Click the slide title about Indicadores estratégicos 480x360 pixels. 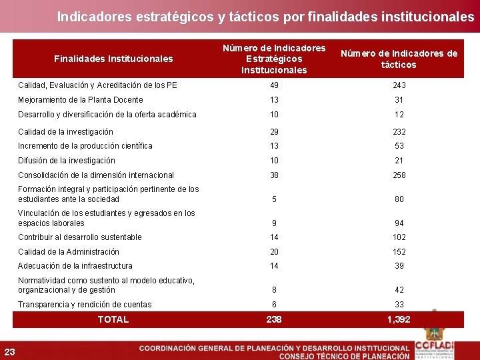(x=265, y=16)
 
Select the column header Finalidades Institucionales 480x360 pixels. (x=113, y=59)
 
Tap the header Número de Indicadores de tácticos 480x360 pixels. (x=399, y=59)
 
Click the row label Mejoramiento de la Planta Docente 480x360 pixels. (x=81, y=100)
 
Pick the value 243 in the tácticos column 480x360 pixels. (x=399, y=85)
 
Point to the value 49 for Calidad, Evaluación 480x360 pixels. (x=274, y=85)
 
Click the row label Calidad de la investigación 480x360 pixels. (x=65, y=132)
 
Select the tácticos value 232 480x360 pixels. (x=399, y=132)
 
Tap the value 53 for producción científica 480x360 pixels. (x=399, y=146)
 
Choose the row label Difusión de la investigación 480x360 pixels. (x=67, y=161)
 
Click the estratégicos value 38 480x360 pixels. (x=274, y=175)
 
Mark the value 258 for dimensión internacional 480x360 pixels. (x=399, y=175)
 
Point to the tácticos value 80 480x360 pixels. (x=399, y=199)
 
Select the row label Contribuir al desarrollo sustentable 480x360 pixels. (x=80, y=237)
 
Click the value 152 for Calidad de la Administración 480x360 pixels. (x=399, y=251)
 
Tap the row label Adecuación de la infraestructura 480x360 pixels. (x=75, y=266)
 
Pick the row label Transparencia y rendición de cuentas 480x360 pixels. (x=85, y=305)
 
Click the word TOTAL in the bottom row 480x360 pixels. (x=113, y=319)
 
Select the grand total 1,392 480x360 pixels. (x=399, y=319)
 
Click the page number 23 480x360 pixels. (x=10, y=352)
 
